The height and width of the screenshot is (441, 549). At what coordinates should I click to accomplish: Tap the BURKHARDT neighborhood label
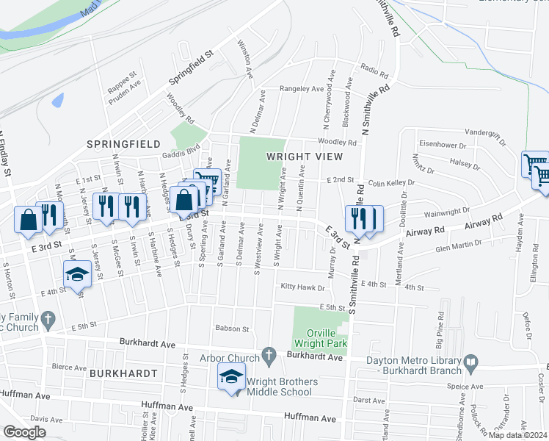click(x=123, y=373)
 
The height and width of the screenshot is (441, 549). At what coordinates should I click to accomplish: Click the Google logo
click(x=24, y=432)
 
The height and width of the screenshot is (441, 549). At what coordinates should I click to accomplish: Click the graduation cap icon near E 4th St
click(x=77, y=273)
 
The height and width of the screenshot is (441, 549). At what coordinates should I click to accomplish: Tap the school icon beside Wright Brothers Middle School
click(x=231, y=378)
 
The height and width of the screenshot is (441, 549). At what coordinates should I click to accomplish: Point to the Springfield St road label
click(x=189, y=67)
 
